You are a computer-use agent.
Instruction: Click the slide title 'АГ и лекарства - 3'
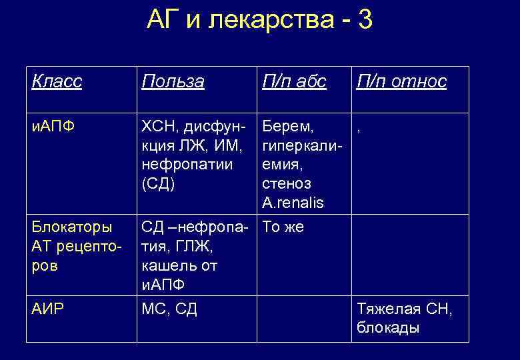click(259, 21)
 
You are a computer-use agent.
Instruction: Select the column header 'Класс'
click(57, 81)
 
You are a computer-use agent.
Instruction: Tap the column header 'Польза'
click(173, 81)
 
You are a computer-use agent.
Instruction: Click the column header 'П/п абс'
click(294, 81)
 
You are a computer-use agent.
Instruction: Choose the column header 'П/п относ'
click(401, 81)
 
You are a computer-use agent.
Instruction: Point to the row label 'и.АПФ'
click(51, 125)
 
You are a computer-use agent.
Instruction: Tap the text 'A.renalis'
click(293, 203)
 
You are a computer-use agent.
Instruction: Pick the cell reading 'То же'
click(283, 227)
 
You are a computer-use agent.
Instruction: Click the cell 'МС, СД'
click(169, 309)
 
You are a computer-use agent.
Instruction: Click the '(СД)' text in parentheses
click(159, 183)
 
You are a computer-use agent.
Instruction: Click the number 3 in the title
click(365, 21)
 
